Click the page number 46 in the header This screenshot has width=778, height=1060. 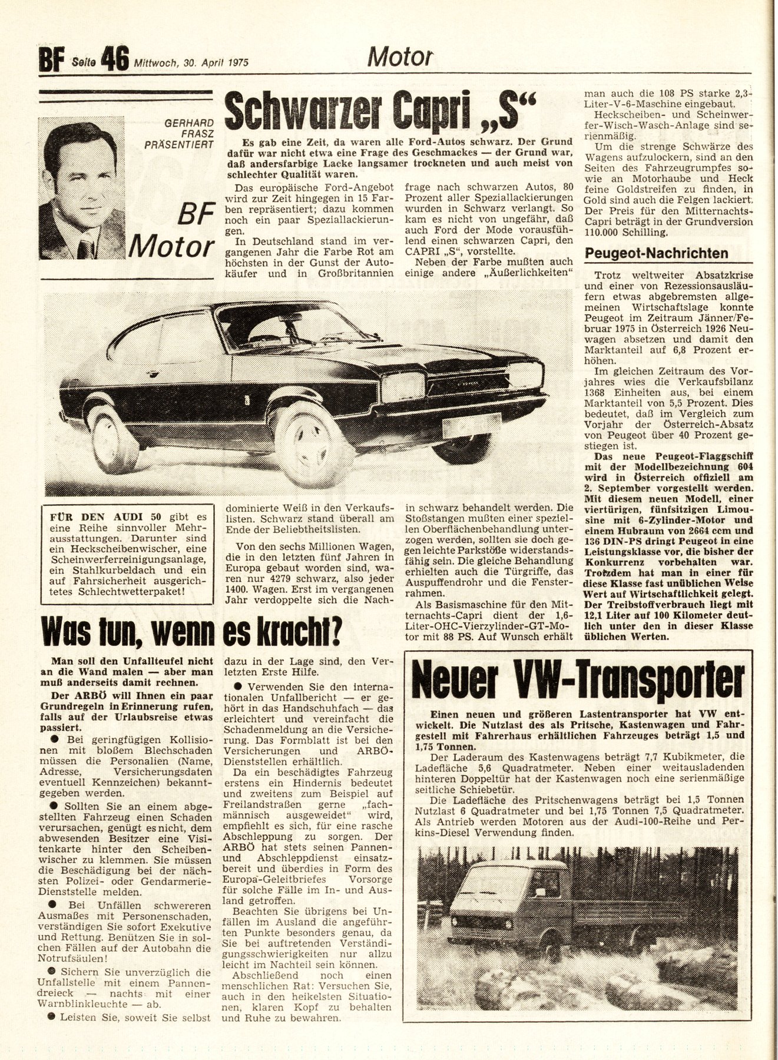(115, 59)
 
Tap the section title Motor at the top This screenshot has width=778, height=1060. (400, 57)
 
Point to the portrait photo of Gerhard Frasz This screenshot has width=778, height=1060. (81, 188)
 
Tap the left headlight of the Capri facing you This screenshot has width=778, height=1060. (403, 386)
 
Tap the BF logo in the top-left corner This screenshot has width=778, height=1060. (51, 60)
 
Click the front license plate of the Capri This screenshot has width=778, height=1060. (472, 424)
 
